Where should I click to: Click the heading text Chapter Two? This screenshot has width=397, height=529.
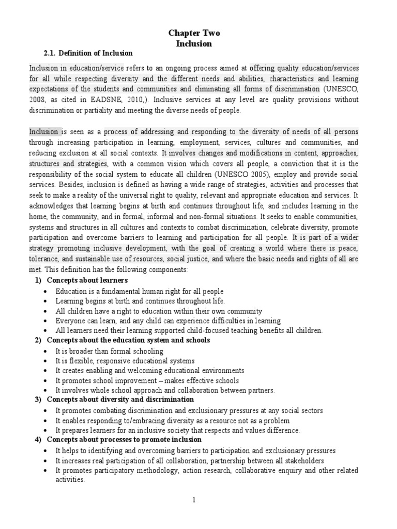[x=194, y=33]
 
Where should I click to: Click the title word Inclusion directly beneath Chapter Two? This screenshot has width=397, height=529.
[x=194, y=43]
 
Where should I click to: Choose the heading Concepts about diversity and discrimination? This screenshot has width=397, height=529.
[x=120, y=399]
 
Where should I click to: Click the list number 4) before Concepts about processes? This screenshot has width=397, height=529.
[x=38, y=440]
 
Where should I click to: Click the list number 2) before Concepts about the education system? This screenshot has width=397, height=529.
[x=38, y=340]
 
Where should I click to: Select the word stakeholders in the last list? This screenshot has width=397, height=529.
[x=304, y=460]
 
